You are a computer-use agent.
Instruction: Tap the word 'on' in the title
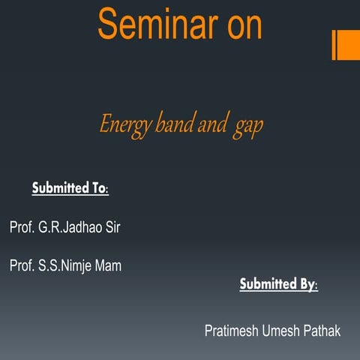pos(241,25)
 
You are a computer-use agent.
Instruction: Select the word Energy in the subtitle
pos(124,125)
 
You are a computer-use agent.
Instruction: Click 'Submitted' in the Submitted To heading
pos(61,187)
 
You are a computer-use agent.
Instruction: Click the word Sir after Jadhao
pos(111,227)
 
